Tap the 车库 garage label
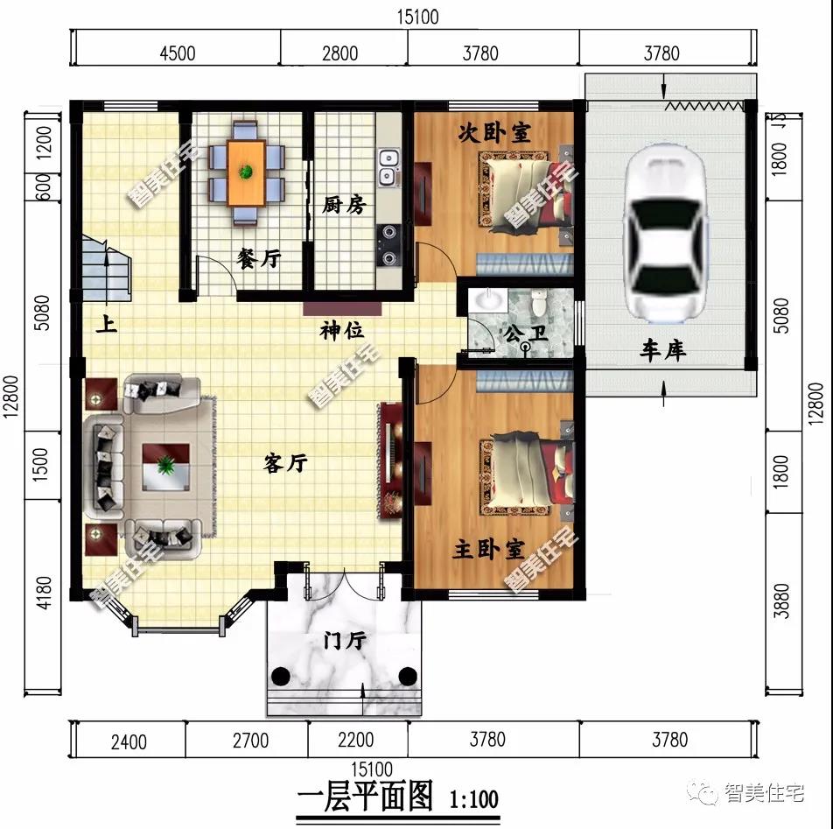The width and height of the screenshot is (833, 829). (x=662, y=351)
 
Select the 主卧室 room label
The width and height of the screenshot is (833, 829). (x=489, y=550)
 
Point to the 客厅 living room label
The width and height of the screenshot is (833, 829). (x=285, y=464)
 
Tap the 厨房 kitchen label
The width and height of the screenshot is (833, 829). (x=344, y=205)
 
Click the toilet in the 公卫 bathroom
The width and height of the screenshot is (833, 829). (x=540, y=303)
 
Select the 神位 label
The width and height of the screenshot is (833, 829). (x=342, y=331)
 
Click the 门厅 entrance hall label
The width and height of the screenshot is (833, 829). (x=345, y=641)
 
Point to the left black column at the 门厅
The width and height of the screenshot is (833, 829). (x=282, y=676)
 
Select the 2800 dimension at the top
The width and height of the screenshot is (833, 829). (x=339, y=53)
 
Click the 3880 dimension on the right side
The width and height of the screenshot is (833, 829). (x=782, y=601)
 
